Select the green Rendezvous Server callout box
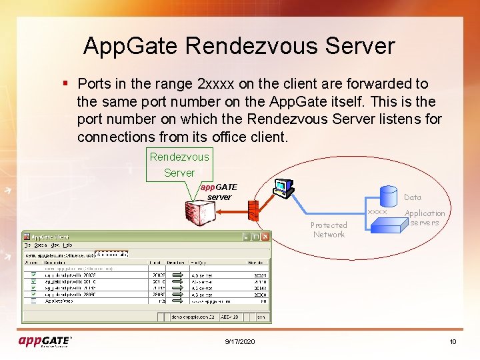[x=179, y=165]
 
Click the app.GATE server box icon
[x=201, y=213]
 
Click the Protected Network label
[x=329, y=230]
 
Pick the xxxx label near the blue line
[x=377, y=211]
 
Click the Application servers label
[x=425, y=218]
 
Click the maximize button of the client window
[x=256, y=237]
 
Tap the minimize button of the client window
[x=247, y=237]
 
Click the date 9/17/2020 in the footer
[x=239, y=342]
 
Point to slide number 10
[x=453, y=342]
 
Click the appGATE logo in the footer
[x=45, y=341]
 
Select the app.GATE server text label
[x=219, y=192]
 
